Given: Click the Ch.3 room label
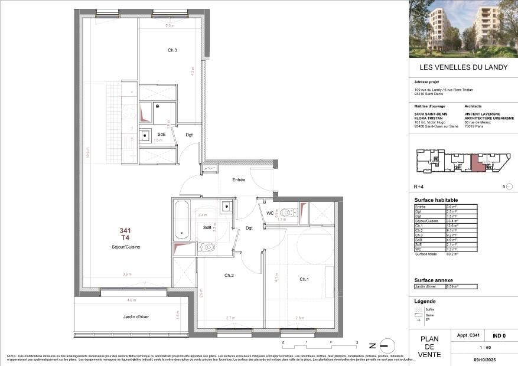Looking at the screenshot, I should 172,50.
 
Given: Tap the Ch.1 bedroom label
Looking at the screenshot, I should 304,279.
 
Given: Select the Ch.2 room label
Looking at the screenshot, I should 230,275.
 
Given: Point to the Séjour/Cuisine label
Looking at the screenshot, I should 125,247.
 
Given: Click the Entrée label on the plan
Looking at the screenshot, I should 239,179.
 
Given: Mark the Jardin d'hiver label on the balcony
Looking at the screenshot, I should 136,316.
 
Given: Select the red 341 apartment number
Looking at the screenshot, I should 125,231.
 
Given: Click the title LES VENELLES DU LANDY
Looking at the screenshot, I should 463,67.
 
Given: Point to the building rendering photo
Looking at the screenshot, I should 463,28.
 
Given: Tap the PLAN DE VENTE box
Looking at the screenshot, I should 429,347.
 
